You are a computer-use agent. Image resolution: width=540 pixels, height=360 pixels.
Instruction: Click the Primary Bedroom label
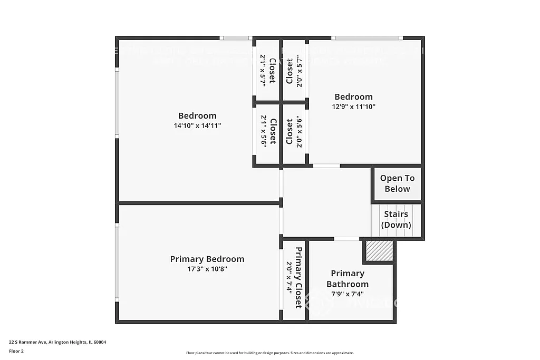pyautogui.click(x=207, y=259)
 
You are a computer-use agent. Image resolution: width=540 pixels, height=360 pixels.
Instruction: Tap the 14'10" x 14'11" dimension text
pyautogui.click(x=197, y=126)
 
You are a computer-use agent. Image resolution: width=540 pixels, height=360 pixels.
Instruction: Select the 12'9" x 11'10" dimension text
pyautogui.click(x=353, y=106)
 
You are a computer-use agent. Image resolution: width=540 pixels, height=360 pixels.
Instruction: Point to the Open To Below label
pyautogui.click(x=397, y=183)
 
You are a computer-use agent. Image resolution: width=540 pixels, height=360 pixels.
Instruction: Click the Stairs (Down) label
pyautogui.click(x=396, y=220)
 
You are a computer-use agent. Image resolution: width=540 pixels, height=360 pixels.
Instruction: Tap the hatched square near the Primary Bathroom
pyautogui.click(x=379, y=250)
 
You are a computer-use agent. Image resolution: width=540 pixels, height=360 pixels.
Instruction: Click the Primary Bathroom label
pyautogui.click(x=348, y=278)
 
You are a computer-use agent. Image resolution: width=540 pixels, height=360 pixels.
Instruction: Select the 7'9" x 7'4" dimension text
pyautogui.click(x=348, y=294)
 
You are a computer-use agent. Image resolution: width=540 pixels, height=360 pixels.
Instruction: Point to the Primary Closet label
pyautogui.click(x=298, y=277)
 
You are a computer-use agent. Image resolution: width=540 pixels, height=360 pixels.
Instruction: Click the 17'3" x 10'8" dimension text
pyautogui.click(x=207, y=269)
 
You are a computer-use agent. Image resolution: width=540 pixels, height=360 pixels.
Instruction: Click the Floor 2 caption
pyautogui.click(x=16, y=351)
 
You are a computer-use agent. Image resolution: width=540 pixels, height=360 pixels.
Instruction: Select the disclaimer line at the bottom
pyautogui.click(x=269, y=353)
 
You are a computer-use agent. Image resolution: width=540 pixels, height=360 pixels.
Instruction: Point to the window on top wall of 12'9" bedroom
pyautogui.click(x=367, y=38)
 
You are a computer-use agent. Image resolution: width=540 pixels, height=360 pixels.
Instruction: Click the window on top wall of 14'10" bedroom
pyautogui.click(x=235, y=38)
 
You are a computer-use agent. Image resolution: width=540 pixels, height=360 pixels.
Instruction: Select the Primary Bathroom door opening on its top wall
pyautogui.click(x=346, y=239)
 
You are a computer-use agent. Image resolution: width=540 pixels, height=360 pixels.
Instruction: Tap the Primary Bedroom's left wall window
pyautogui.click(x=117, y=262)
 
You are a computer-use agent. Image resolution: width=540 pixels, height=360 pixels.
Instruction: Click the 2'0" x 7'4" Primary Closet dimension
pyautogui.click(x=289, y=277)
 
